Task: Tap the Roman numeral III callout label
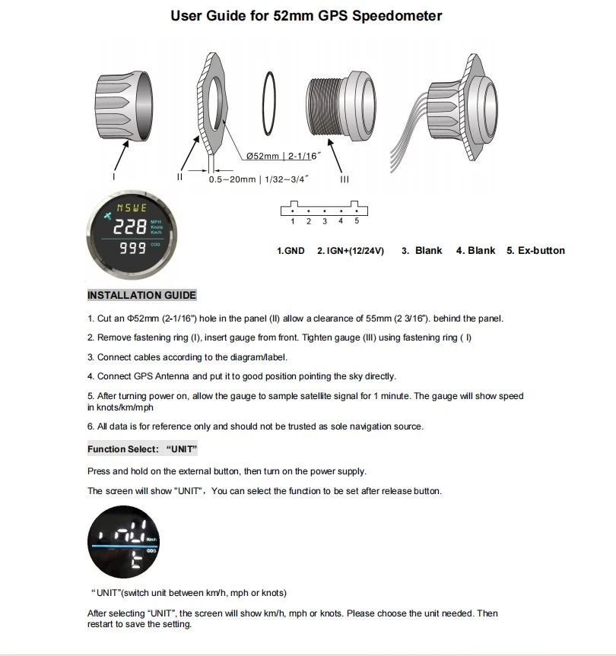click(x=345, y=180)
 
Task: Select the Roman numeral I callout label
click(x=113, y=176)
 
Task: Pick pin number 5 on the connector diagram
click(x=357, y=221)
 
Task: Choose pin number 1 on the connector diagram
click(x=293, y=221)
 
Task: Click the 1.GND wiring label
click(x=291, y=250)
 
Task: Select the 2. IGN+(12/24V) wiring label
click(x=351, y=250)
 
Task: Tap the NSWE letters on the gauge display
click(x=132, y=208)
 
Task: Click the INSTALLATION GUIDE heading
click(x=141, y=295)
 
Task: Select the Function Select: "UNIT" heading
click(x=142, y=449)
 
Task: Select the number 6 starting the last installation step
click(x=90, y=426)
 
